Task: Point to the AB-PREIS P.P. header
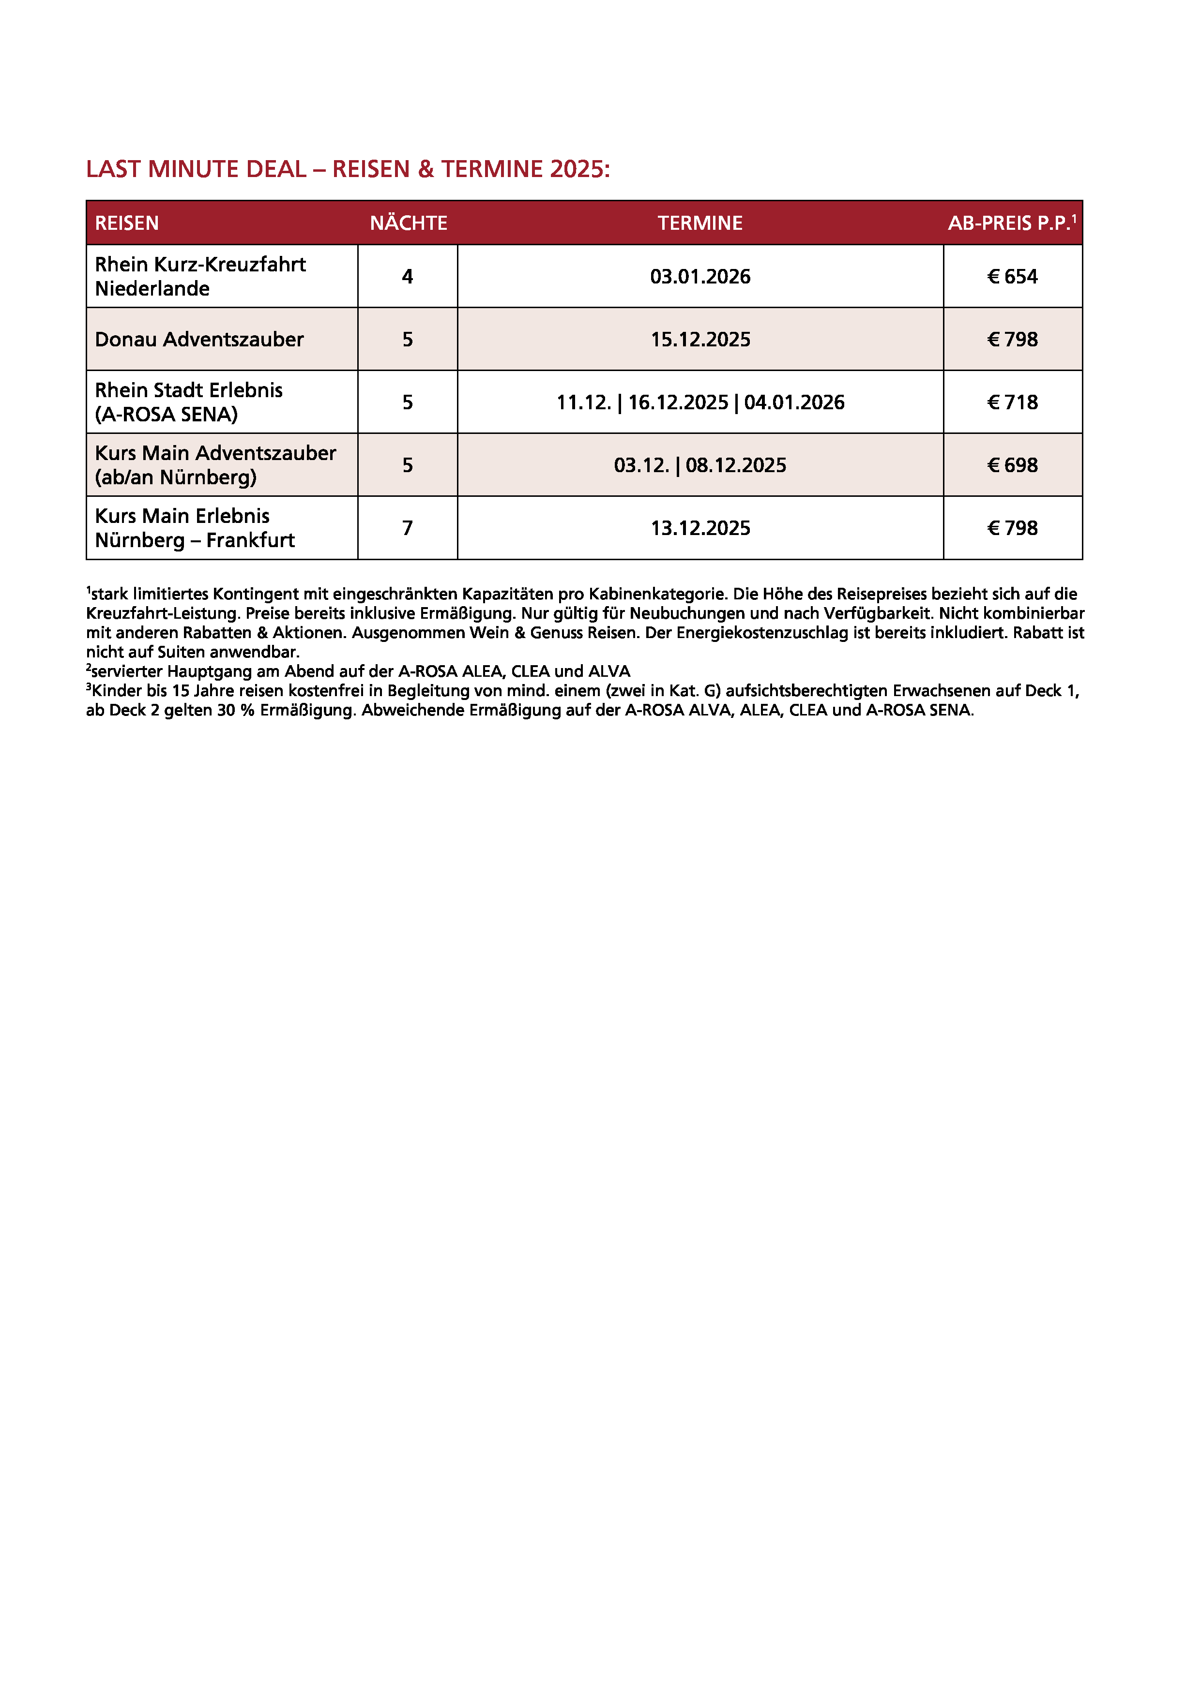tap(1011, 223)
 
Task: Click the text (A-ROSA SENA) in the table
tap(167, 415)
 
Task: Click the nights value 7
tap(408, 528)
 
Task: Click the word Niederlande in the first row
tap(152, 289)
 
